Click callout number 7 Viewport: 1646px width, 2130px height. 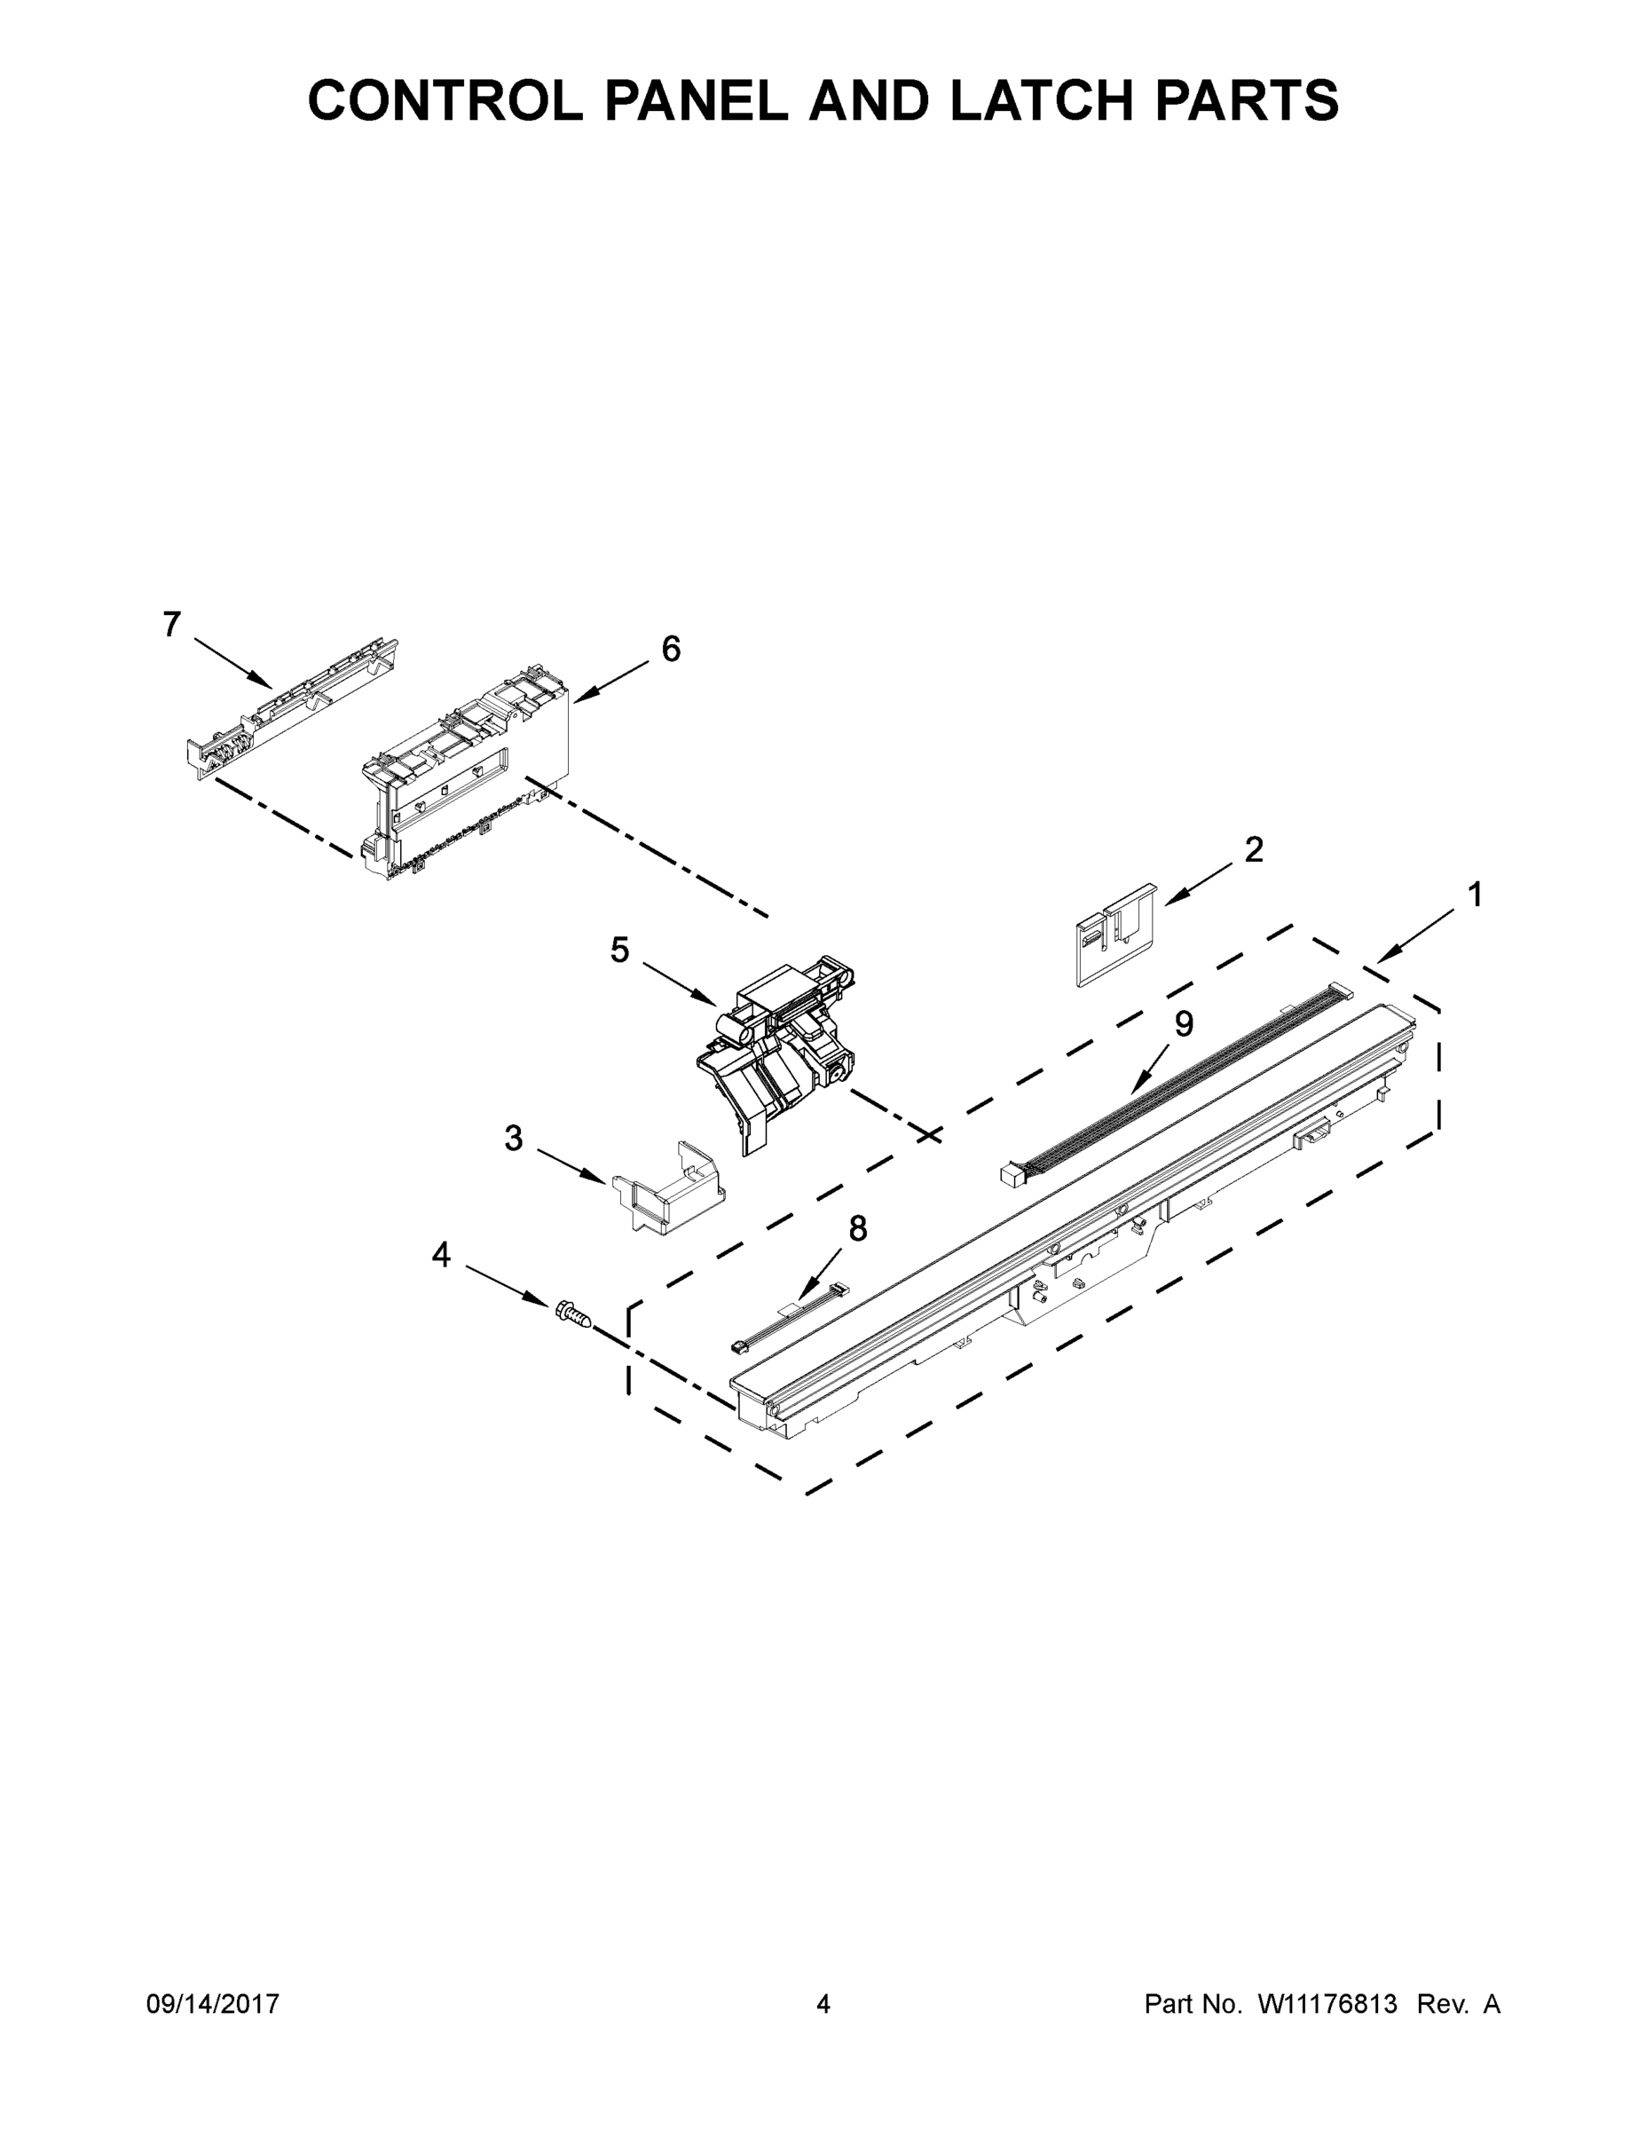pyautogui.click(x=171, y=624)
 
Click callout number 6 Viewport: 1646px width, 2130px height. pyautogui.click(x=671, y=649)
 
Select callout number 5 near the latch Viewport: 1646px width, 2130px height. pyautogui.click(x=620, y=950)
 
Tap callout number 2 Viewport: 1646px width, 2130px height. pyautogui.click(x=1254, y=849)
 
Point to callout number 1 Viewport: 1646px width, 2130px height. pyautogui.click(x=1476, y=895)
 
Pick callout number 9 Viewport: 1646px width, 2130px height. pyautogui.click(x=1184, y=1023)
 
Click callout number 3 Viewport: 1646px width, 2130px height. pyautogui.click(x=514, y=1137)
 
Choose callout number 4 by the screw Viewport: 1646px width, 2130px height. pyautogui.click(x=442, y=1255)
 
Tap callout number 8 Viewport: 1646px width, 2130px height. pyautogui.click(x=858, y=1229)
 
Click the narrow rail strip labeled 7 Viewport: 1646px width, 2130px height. pyautogui.click(x=293, y=707)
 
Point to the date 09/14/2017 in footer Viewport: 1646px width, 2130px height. pyautogui.click(x=213, y=2004)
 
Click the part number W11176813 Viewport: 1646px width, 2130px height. pyautogui.click(x=1327, y=2004)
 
